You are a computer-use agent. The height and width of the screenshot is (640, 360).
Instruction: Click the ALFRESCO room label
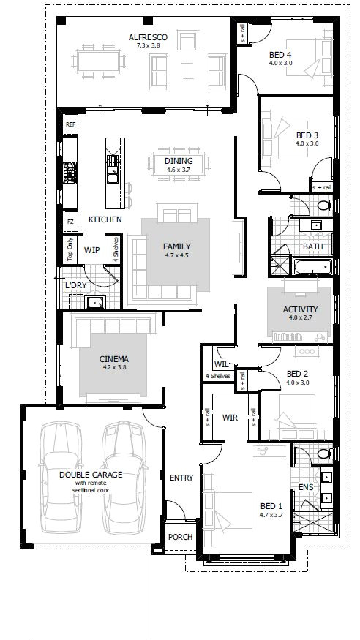tap(149, 37)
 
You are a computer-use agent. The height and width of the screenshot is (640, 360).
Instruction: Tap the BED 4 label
tap(280, 54)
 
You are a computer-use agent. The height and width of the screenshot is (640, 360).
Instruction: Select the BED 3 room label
tap(307, 135)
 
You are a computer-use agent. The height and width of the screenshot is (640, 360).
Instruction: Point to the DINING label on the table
tap(179, 162)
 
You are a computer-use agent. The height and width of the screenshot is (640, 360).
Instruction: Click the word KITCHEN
tap(105, 219)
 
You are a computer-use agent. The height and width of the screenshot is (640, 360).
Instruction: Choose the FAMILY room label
tap(176, 246)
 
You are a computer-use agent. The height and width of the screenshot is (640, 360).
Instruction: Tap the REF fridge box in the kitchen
tap(70, 126)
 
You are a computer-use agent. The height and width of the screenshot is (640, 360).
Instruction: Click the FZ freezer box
tap(70, 221)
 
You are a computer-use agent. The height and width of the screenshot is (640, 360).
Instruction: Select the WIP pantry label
tap(91, 250)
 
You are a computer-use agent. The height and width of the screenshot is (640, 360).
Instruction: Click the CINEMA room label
tap(114, 359)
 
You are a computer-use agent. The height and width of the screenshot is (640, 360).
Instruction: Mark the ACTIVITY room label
tap(301, 309)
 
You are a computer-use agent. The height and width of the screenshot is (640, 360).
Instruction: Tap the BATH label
tap(313, 246)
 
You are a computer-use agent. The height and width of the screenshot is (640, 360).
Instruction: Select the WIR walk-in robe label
tap(230, 419)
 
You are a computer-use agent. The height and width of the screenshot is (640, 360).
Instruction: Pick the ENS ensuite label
tap(307, 486)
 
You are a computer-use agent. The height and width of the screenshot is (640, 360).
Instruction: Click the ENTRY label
tap(181, 478)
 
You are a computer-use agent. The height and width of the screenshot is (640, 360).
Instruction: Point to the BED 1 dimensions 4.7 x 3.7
tap(271, 516)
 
